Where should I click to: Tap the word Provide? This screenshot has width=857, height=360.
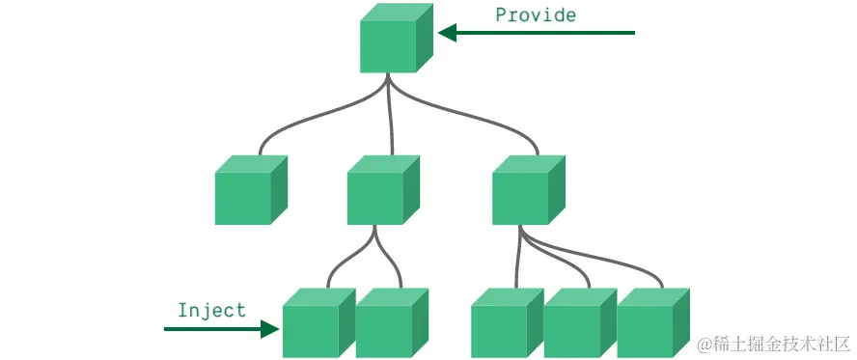click(x=536, y=14)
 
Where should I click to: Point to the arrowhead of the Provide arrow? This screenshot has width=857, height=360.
click(x=447, y=33)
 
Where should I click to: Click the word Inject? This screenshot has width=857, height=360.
click(x=211, y=311)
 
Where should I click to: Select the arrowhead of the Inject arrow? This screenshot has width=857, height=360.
click(x=271, y=329)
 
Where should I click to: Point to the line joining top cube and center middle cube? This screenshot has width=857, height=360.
click(x=391, y=116)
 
